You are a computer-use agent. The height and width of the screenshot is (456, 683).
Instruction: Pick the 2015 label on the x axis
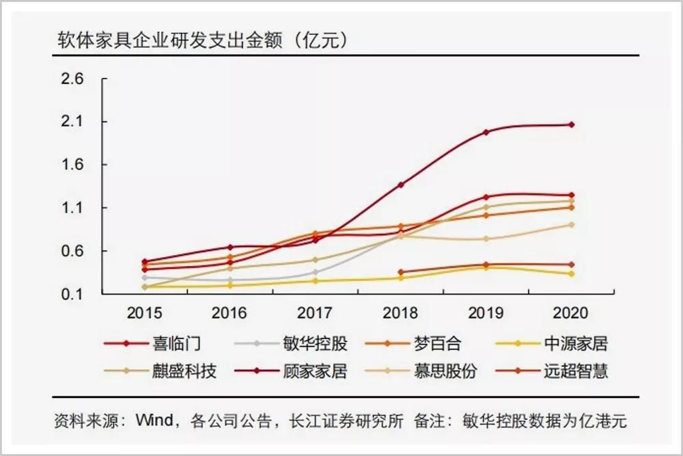tap(145, 313)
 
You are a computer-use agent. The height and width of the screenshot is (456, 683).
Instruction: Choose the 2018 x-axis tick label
tap(401, 313)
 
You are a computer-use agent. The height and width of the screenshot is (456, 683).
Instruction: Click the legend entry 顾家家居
tap(315, 371)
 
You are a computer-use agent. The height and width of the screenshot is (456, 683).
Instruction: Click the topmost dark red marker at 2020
tap(571, 124)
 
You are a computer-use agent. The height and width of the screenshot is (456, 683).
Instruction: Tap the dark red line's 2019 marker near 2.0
tap(486, 132)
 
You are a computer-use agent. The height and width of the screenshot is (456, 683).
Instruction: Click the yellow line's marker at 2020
tap(571, 273)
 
